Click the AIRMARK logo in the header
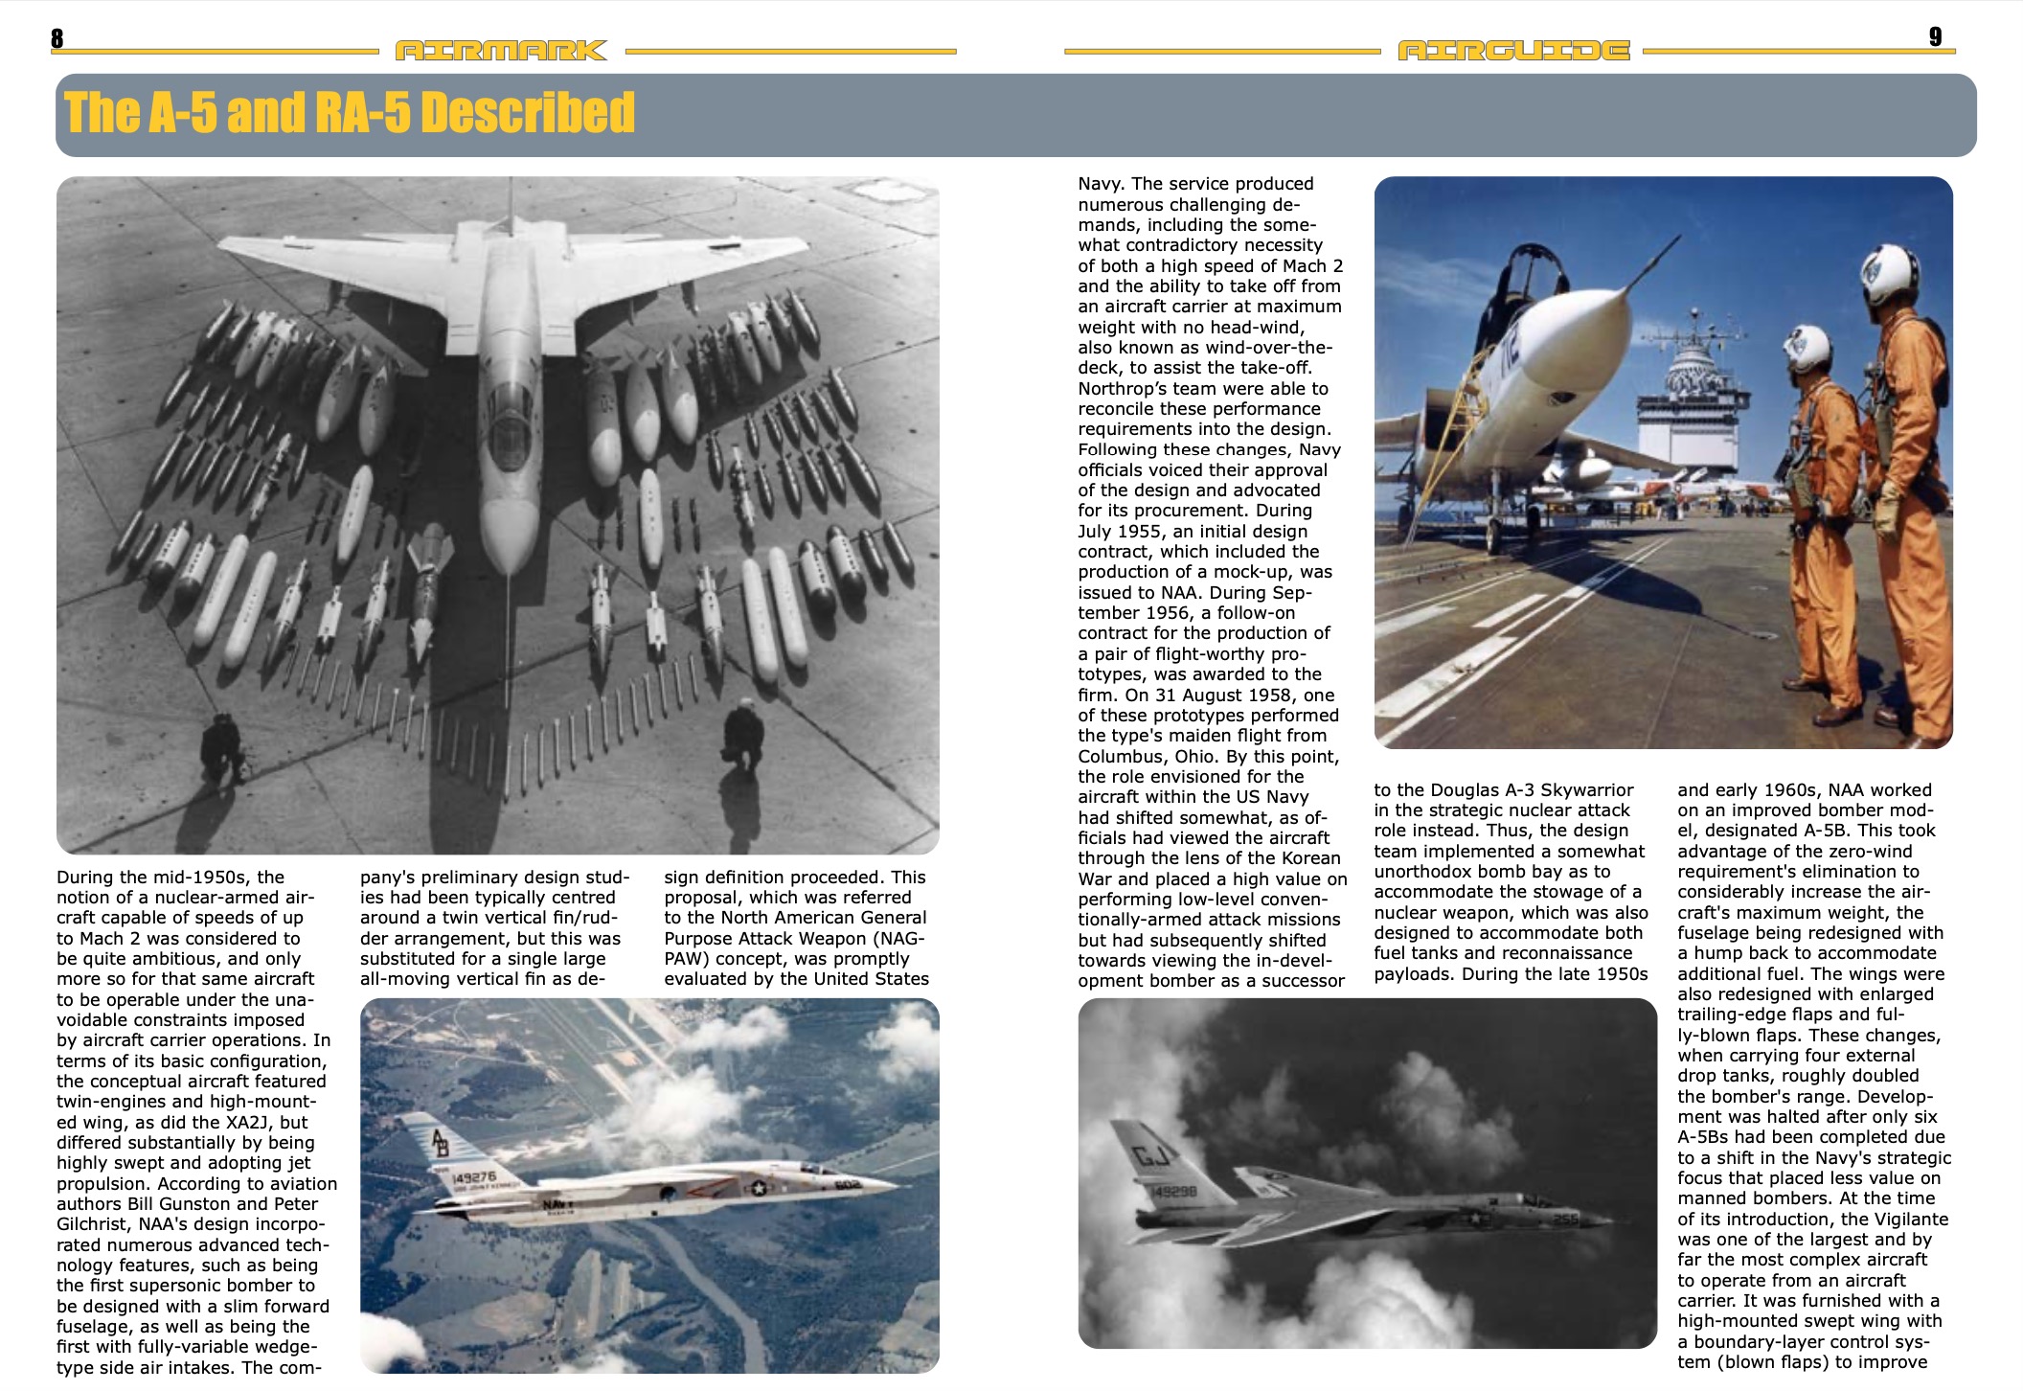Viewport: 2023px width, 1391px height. pos(501,50)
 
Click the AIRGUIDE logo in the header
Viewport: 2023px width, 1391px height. pos(1513,50)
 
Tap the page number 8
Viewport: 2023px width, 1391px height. pos(57,38)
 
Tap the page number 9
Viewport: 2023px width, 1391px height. pos(1935,36)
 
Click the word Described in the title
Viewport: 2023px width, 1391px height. pos(528,113)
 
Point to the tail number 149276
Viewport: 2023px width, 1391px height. pos(474,1176)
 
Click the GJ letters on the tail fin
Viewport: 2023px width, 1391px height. pos(1151,1156)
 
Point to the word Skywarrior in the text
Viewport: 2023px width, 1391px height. pos(1587,790)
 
